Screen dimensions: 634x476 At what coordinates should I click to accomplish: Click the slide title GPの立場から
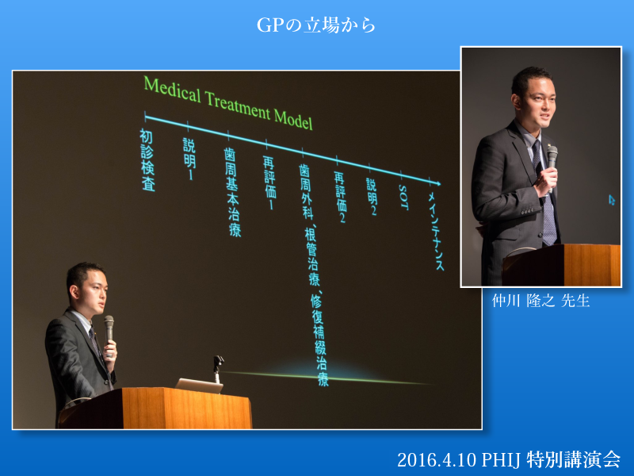coord(316,25)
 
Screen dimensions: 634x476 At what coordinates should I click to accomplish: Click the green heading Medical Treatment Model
coord(228,103)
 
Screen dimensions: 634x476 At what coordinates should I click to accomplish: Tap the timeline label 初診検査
coord(147,160)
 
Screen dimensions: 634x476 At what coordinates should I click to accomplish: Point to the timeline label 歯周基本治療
coord(232,192)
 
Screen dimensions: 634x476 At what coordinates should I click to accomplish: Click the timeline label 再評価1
coord(270,183)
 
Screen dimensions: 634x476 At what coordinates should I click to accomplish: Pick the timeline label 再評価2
coord(341,197)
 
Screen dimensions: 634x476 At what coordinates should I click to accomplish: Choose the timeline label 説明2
coord(372,197)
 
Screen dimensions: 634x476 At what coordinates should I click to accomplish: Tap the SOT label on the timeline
coord(403,198)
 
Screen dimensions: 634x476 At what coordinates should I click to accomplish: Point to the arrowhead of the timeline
coord(437,183)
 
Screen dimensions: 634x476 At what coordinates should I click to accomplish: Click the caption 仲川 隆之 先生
coord(540,301)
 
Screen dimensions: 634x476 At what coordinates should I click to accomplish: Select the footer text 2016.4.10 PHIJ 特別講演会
coord(509,459)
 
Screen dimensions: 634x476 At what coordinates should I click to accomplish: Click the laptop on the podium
coord(200,386)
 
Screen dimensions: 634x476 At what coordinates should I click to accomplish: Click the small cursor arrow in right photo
coord(612,200)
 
